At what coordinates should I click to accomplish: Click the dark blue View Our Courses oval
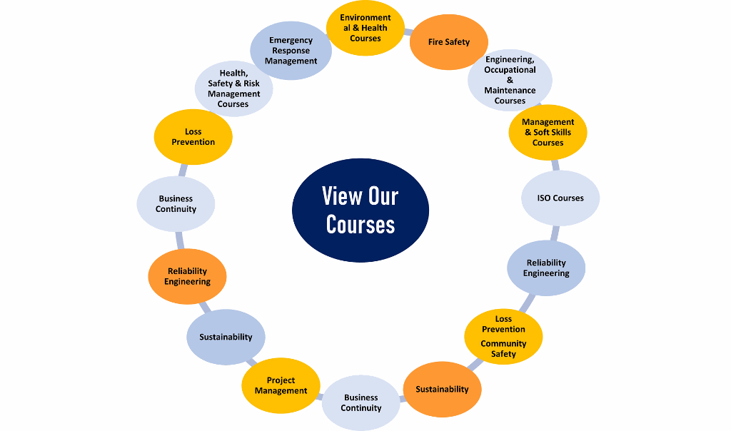(361, 210)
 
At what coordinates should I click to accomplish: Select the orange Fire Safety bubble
(449, 42)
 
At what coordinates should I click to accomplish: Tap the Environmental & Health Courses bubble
(365, 28)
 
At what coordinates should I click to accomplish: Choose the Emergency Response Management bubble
(291, 51)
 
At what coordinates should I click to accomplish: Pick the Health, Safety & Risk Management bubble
(234, 88)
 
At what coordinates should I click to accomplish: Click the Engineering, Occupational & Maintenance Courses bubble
(510, 80)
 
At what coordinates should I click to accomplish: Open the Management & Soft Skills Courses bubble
(548, 132)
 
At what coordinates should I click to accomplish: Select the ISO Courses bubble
(560, 198)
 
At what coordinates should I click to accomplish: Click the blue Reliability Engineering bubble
(546, 268)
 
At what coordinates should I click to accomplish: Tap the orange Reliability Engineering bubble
(187, 276)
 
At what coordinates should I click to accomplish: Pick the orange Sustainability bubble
(443, 389)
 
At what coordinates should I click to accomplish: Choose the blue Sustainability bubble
(226, 337)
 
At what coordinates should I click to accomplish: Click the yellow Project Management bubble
(281, 385)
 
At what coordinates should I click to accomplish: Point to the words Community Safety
(503, 348)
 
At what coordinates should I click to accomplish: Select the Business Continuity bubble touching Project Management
(361, 402)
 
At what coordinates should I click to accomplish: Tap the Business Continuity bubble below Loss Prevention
(176, 204)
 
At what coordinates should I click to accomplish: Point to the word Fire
(435, 42)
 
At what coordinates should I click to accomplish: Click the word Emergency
(291, 41)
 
